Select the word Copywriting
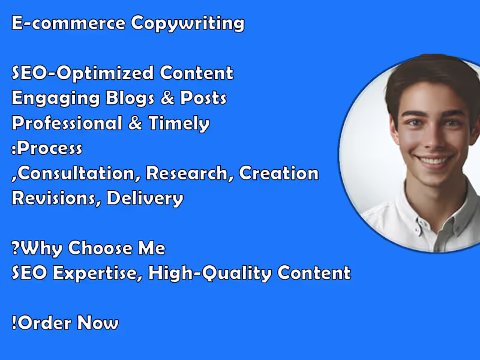tap(188, 24)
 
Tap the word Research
tap(190, 173)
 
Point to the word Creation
tap(278, 173)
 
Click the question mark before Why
tap(14, 247)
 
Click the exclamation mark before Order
tap(14, 323)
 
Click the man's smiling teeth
tap(434, 161)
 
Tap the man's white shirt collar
tap(414, 207)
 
